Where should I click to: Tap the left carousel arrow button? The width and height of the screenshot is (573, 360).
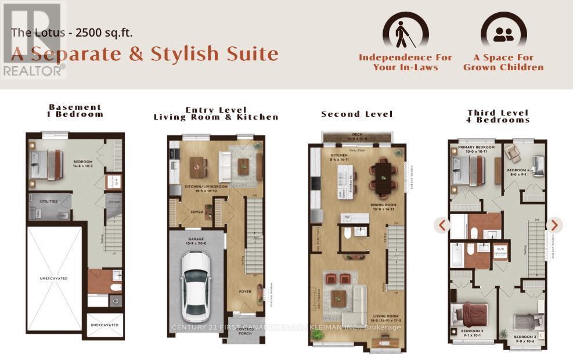[442, 225]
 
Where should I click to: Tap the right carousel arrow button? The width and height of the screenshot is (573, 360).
[554, 225]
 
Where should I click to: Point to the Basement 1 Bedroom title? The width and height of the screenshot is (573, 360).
[75, 110]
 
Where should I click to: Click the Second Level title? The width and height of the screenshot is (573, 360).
[357, 114]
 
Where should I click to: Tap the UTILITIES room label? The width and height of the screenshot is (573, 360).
[49, 201]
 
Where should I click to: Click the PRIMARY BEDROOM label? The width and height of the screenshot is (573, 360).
[476, 147]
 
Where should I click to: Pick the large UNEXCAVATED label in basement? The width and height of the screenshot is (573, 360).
[53, 278]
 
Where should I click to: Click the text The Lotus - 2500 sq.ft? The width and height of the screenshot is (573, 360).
[72, 32]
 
